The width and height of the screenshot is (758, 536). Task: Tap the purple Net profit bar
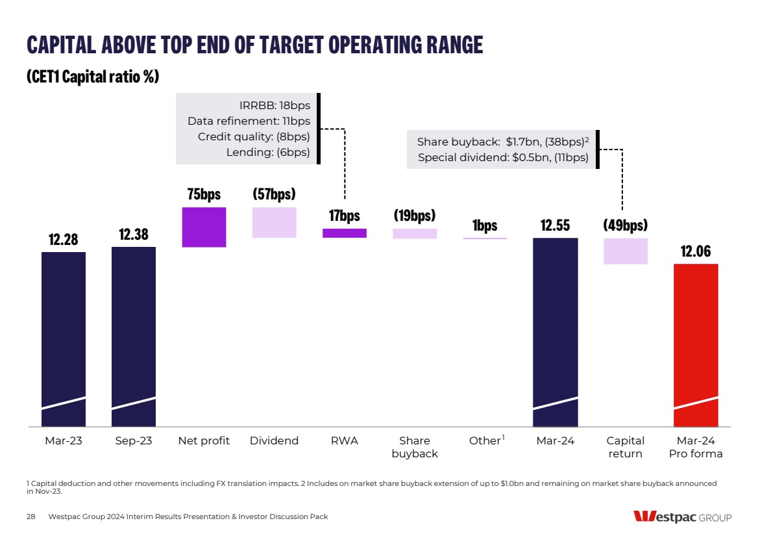(204, 227)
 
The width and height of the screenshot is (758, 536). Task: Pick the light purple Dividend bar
(274, 222)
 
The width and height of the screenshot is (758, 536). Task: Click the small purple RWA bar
(344, 233)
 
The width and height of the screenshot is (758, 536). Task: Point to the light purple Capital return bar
(626, 251)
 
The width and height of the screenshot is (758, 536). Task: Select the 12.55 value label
(555, 225)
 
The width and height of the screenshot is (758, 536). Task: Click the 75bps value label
(204, 194)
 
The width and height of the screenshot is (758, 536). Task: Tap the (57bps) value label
(274, 194)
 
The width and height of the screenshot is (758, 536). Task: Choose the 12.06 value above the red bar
(696, 251)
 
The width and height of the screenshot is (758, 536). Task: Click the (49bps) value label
(626, 225)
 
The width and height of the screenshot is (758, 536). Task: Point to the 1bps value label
(485, 225)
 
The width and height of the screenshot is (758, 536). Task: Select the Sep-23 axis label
(133, 441)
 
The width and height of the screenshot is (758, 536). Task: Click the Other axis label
(485, 441)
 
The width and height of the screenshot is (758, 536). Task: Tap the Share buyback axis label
(415, 447)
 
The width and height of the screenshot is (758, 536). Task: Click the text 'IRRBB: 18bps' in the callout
(275, 105)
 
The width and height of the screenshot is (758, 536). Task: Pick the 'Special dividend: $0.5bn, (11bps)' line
(503, 157)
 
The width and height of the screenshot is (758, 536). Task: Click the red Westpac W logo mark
(644, 517)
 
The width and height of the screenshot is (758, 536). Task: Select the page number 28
(31, 517)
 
